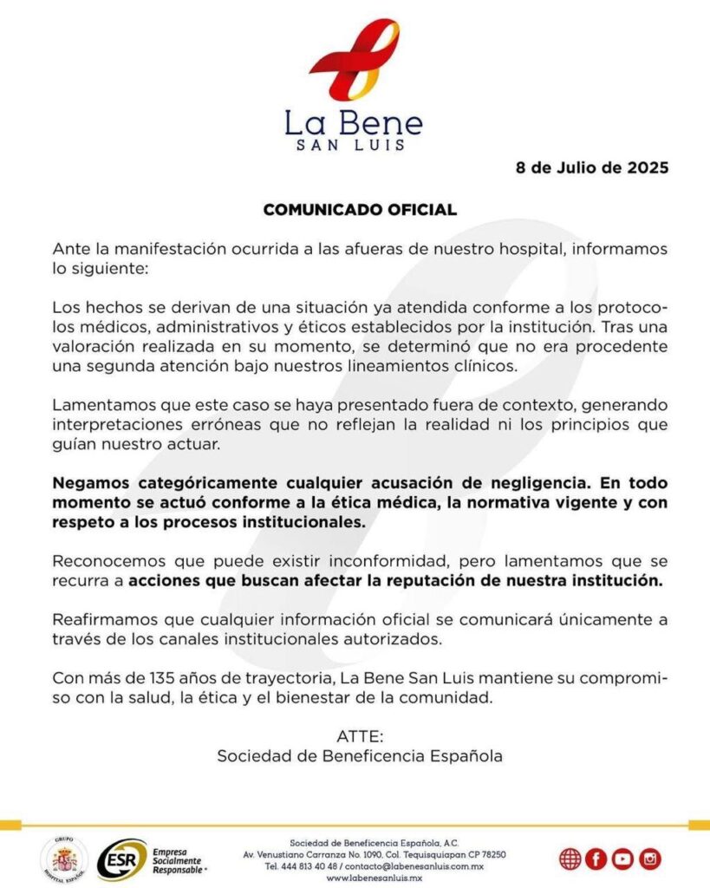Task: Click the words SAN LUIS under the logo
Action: [x=354, y=145]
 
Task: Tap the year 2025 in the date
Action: [x=645, y=167]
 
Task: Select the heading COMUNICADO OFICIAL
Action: [x=359, y=210]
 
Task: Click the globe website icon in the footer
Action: [x=570, y=859]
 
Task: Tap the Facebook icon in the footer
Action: [x=596, y=859]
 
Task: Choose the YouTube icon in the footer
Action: [x=622, y=859]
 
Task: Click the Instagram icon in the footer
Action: [x=649, y=859]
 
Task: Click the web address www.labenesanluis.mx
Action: [x=374, y=878]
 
